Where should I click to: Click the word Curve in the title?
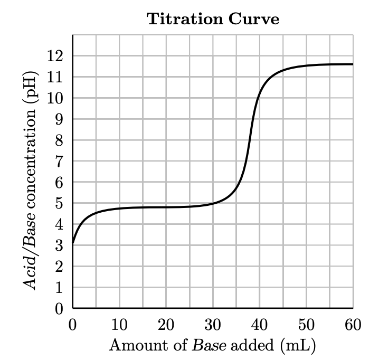click(254, 20)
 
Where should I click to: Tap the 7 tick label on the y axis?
click(60, 162)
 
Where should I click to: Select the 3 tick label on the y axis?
click(60, 246)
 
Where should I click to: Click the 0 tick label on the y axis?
click(60, 309)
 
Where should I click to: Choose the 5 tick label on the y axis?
click(60, 204)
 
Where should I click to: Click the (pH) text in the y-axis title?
click(31, 89)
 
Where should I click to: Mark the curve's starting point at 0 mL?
click(73, 243)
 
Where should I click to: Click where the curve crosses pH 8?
click(251, 140)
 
